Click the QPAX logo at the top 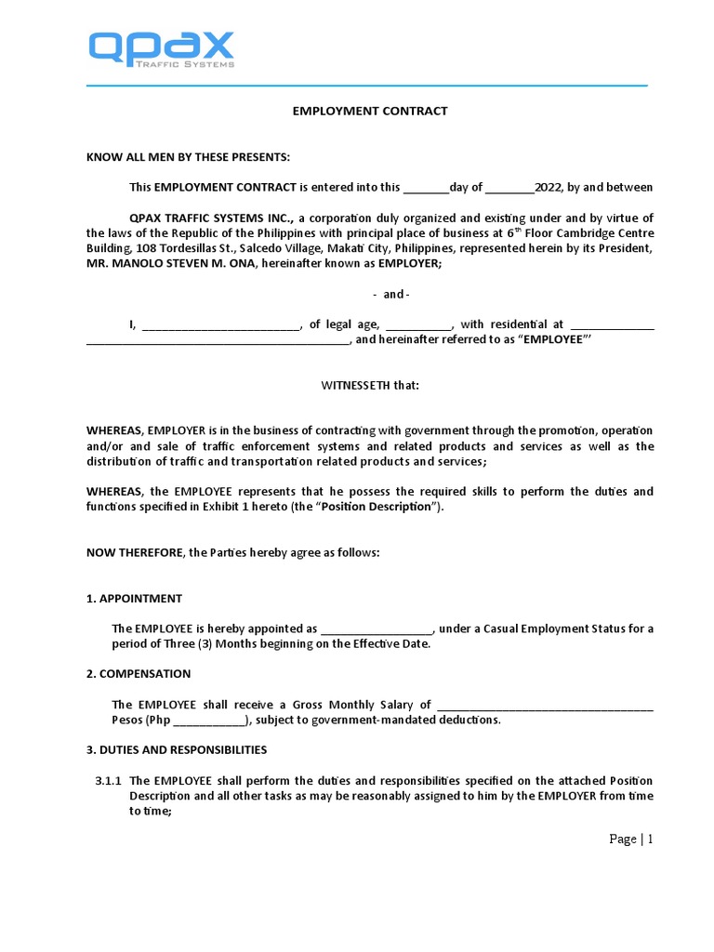(161, 49)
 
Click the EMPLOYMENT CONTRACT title (370, 111)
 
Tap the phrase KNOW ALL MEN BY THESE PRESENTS (188, 156)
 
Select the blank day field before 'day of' (426, 187)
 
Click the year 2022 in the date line (549, 187)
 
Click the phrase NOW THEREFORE (135, 552)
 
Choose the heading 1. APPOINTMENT (134, 598)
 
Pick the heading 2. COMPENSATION (139, 673)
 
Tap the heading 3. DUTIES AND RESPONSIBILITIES (177, 749)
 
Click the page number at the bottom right (631, 839)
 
